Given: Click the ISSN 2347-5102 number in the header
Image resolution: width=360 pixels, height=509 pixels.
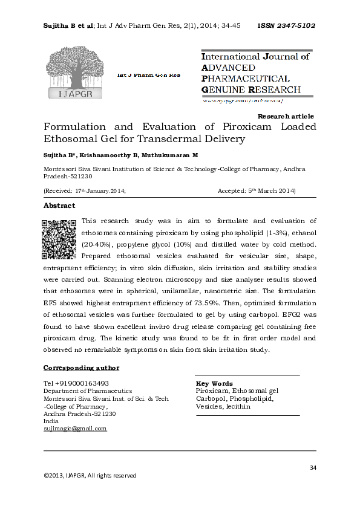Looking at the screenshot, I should [x=286, y=26].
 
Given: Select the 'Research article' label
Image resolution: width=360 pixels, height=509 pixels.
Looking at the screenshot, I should [x=286, y=116].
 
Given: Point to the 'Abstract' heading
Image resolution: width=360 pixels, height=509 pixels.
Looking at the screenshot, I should [x=59, y=206].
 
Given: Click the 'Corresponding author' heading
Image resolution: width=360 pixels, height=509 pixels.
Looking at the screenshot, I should [x=81, y=368].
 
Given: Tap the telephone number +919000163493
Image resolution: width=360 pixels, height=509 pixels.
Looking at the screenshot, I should [x=76, y=383].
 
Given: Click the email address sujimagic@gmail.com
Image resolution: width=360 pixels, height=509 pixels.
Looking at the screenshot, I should [x=75, y=428].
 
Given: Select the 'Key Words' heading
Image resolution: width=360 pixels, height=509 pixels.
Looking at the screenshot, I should [x=214, y=384].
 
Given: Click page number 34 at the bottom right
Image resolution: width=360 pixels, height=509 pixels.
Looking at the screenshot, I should [x=313, y=467].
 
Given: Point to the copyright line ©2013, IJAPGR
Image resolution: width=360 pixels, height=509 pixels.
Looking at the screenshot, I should [x=90, y=476].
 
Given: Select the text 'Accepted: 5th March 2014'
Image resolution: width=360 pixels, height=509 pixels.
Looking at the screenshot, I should [x=256, y=191].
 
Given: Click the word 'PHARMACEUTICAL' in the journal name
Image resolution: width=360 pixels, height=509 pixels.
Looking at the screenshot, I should [x=245, y=79].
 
